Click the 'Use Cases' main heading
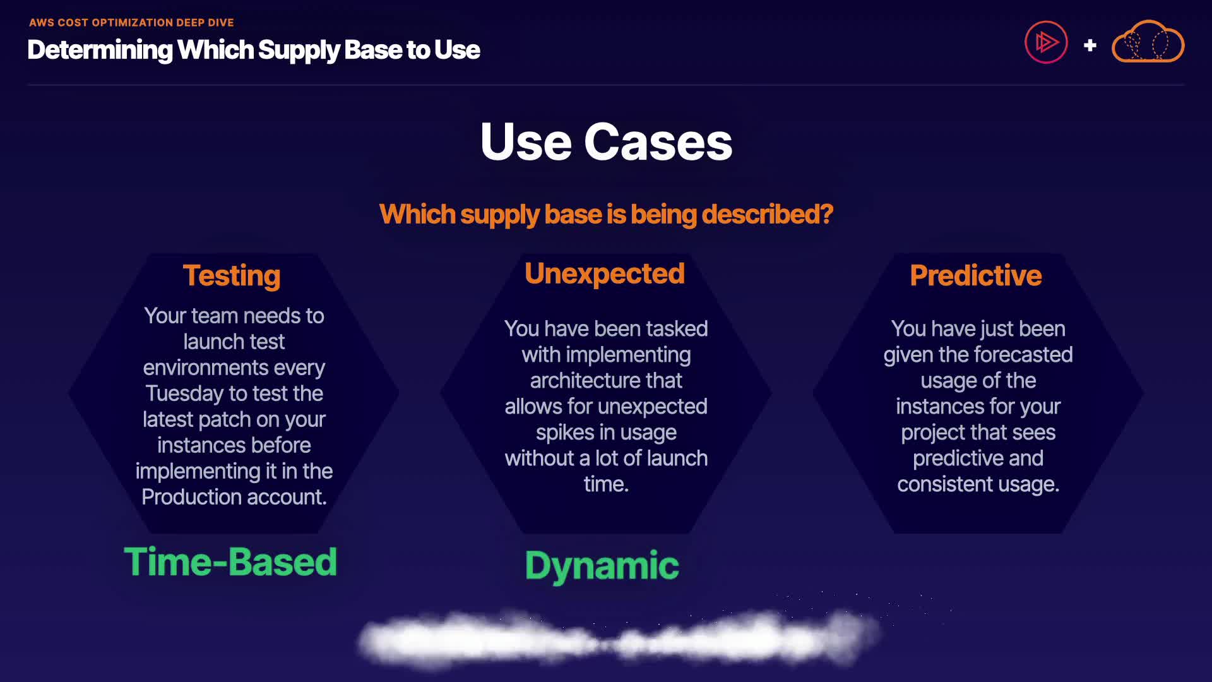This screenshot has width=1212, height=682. click(x=606, y=142)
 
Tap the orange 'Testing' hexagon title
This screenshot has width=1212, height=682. click(x=232, y=276)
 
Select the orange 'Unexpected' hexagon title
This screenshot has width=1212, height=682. click(x=605, y=273)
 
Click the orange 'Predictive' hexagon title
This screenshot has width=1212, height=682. click(x=976, y=276)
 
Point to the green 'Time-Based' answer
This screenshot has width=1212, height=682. click(x=230, y=562)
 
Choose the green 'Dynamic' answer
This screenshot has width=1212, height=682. click(x=602, y=565)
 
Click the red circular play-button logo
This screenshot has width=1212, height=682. click(x=1046, y=43)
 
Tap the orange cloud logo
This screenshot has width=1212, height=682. click(x=1148, y=42)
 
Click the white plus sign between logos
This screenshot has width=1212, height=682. click(x=1090, y=45)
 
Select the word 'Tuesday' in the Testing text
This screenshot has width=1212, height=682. click(x=184, y=393)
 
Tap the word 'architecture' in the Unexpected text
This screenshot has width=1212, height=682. click(x=579, y=381)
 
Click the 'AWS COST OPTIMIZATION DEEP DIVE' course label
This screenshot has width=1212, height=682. click(x=131, y=23)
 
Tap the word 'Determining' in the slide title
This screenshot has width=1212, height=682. click(x=100, y=50)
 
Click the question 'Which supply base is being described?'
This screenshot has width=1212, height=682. click(x=606, y=214)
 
